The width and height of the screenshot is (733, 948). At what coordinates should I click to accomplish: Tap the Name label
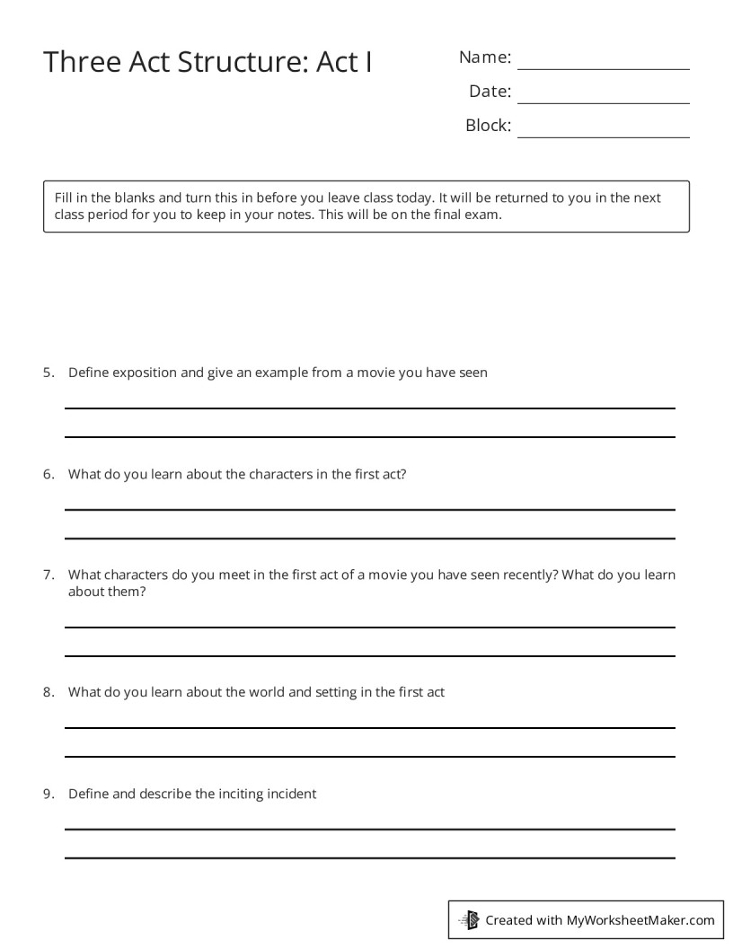coord(485,57)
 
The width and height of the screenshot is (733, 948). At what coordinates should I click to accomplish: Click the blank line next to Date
coord(603,103)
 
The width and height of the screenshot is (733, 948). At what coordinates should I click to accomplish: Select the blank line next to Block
coord(603,137)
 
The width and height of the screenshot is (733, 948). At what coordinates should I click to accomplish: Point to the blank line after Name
coord(603,69)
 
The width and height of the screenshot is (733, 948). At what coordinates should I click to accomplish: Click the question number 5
coord(49,373)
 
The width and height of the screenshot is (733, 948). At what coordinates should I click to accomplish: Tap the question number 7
coord(49,575)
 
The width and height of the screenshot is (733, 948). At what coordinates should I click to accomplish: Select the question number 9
coord(49,794)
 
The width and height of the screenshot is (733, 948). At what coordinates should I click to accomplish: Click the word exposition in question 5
coord(146,373)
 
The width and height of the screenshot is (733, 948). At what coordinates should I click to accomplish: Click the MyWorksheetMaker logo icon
coord(469,919)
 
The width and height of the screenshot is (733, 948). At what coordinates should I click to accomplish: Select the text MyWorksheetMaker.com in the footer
coord(640,919)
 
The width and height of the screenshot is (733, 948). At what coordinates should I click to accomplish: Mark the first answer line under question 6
coord(369,509)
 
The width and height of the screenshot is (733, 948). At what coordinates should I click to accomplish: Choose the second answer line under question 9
coord(369,858)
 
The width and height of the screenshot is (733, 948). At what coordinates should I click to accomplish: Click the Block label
coord(488,126)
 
